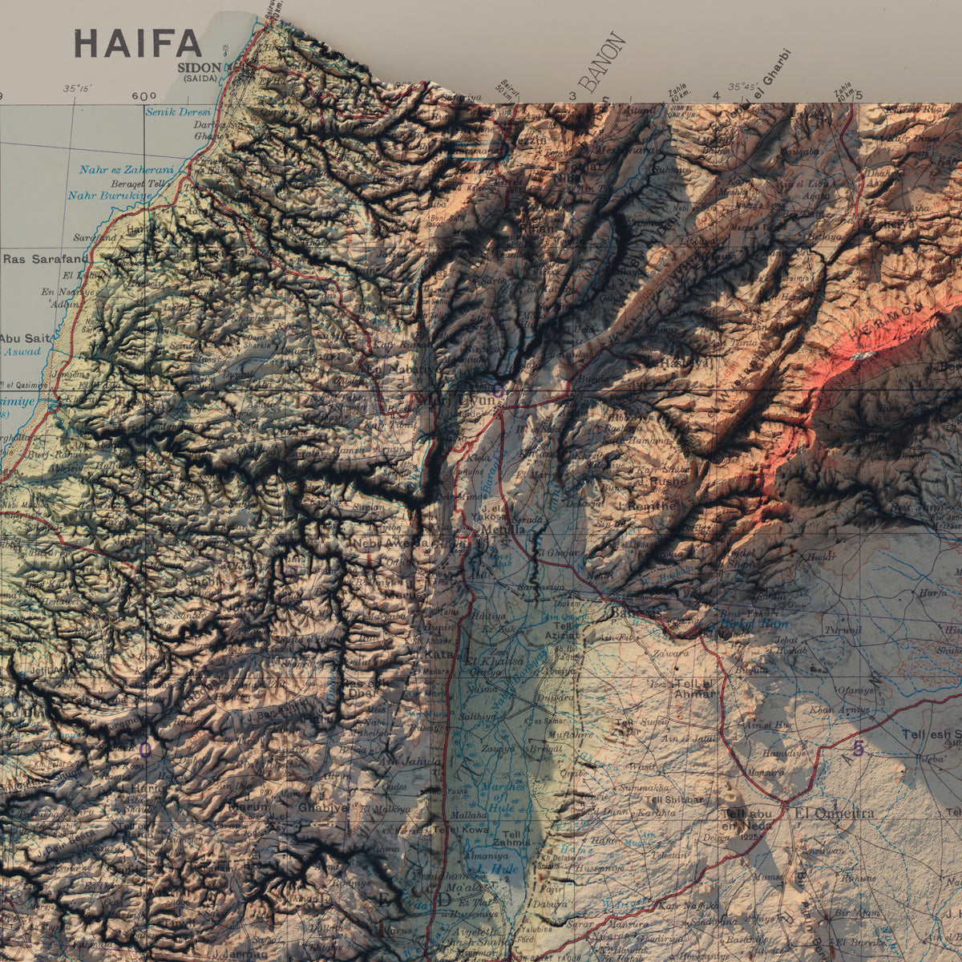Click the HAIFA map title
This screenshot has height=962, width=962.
point(137,43)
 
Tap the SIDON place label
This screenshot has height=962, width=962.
point(200,68)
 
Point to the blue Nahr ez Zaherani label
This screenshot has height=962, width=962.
point(126,169)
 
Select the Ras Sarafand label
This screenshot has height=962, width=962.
point(45,259)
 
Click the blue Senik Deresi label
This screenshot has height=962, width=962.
point(177,111)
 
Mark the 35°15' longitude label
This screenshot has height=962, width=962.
point(77,88)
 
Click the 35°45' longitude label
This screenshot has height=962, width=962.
point(742,87)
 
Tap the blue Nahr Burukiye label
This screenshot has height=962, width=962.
point(110,195)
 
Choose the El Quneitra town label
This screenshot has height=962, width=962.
point(834,813)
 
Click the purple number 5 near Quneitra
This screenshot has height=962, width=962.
point(858,750)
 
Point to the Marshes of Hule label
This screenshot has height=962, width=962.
point(503,796)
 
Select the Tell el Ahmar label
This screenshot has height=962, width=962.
point(694,689)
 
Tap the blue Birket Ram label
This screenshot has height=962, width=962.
point(754,623)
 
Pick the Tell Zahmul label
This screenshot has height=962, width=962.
point(511,839)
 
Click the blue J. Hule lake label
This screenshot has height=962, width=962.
point(497,868)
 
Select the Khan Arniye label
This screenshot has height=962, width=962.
point(839,709)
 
